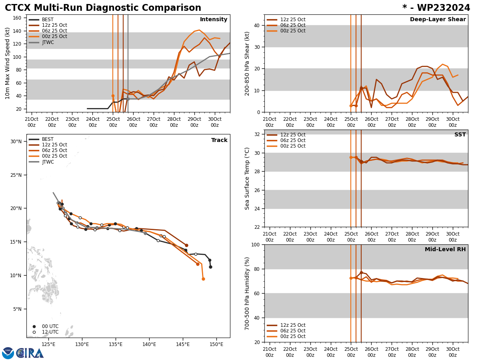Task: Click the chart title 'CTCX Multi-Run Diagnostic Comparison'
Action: pos(103,8)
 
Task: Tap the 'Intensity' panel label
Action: pos(214,20)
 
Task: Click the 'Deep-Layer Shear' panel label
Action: pos(438,20)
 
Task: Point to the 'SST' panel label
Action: pos(460,135)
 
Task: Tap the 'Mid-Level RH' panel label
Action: pos(445,250)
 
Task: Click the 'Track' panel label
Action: pos(219,140)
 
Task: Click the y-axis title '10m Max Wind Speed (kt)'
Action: pos(8,63)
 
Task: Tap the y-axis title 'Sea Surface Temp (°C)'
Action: pos(248,178)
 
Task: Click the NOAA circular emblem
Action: pos(8,353)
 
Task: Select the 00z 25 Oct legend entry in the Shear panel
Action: pos(292,31)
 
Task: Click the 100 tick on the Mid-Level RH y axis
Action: pos(255,244)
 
